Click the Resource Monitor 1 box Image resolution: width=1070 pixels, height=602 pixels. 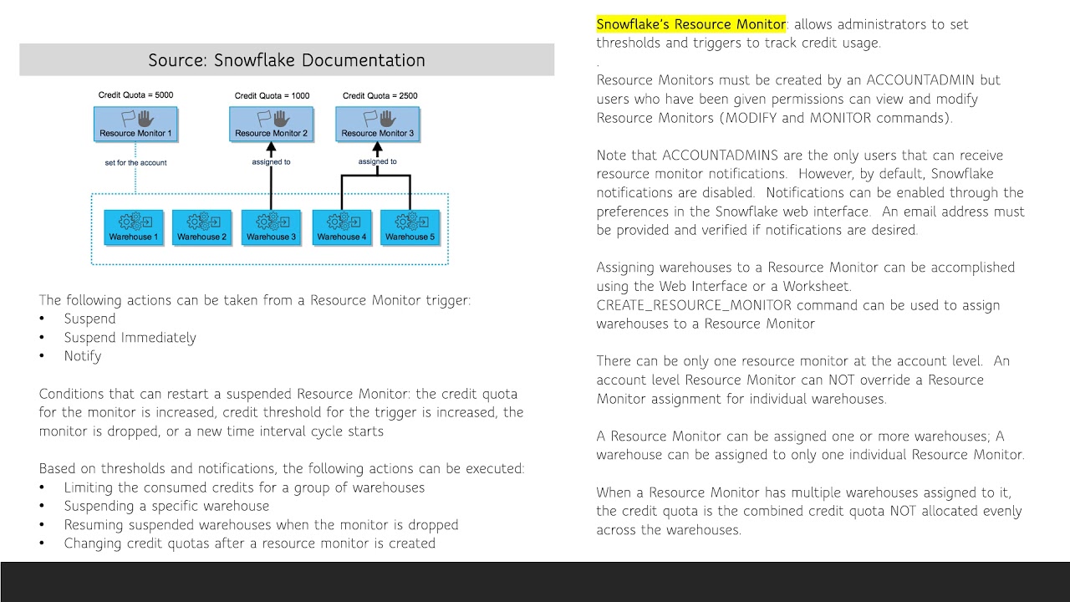[135, 123]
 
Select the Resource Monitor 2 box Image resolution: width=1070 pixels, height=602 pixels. [271, 123]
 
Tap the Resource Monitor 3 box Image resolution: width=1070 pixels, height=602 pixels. [377, 123]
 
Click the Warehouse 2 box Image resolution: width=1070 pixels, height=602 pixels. [201, 227]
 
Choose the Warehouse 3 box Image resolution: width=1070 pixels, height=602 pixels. [271, 227]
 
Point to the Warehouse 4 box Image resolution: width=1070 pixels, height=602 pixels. [341, 227]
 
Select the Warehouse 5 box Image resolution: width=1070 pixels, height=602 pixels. [410, 227]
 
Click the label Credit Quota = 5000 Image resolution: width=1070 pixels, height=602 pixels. [135, 95]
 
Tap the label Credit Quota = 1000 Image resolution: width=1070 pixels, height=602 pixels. [272, 95]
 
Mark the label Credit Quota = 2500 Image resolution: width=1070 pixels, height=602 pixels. [380, 95]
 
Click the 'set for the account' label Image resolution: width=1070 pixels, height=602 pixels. [135, 162]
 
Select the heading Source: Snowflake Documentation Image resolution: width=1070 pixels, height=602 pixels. [287, 60]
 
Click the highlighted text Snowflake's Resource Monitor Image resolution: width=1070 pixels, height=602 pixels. [690, 24]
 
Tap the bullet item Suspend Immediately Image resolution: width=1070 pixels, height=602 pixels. [130, 338]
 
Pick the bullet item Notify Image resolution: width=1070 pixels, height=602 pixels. [83, 356]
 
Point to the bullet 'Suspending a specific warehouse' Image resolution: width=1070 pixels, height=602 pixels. [166, 506]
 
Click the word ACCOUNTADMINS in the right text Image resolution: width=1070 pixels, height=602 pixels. [717, 156]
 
